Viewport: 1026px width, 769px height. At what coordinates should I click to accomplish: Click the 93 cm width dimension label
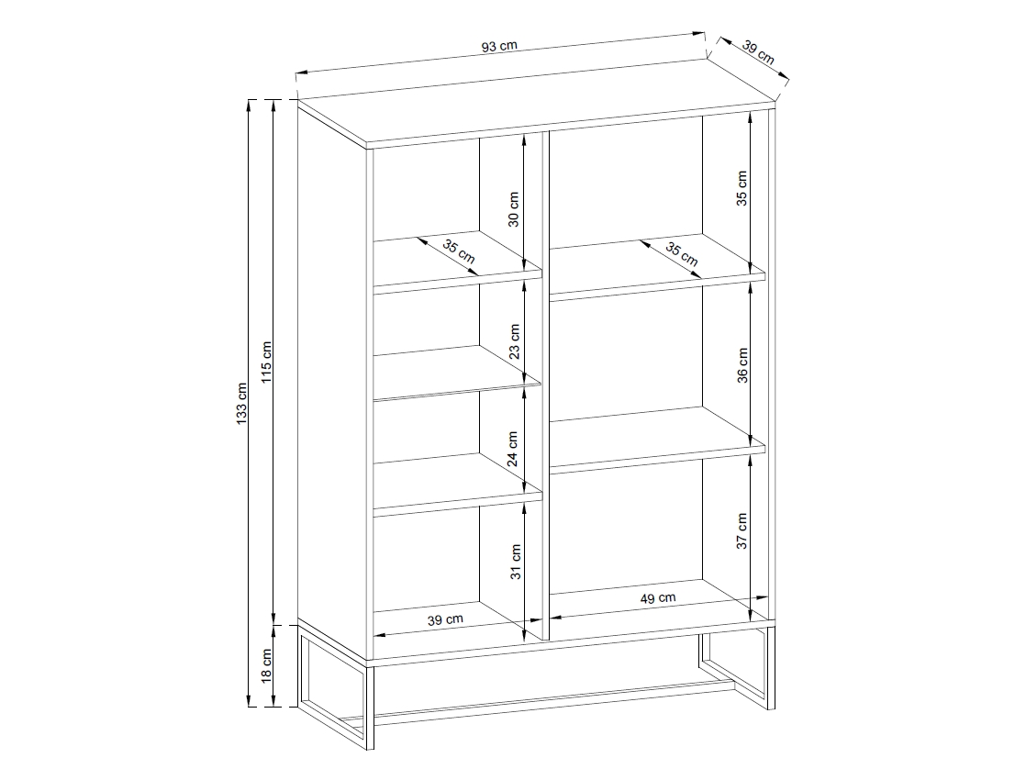499,47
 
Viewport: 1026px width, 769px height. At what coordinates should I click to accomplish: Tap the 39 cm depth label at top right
758,53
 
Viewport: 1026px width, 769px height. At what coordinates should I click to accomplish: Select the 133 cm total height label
242,404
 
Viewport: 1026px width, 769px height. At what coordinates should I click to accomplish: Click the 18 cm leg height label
266,667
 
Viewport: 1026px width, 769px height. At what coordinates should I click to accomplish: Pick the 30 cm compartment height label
514,209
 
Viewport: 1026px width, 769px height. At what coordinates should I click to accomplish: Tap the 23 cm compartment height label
514,341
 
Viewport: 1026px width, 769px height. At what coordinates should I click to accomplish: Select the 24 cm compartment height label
513,449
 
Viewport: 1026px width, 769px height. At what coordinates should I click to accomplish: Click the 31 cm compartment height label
516,563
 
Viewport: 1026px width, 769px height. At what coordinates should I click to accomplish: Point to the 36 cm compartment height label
742,366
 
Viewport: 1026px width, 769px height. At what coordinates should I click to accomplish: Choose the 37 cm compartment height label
742,530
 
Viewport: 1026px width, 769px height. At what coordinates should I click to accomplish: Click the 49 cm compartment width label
658,598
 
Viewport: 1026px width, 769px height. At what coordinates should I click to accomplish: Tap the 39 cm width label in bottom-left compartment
445,619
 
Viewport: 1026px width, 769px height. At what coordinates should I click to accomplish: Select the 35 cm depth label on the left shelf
459,252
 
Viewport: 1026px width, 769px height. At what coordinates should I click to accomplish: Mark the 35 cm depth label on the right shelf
682,254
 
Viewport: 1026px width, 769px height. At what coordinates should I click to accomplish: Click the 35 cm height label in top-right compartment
742,188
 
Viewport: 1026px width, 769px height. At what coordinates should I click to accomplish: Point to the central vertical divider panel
545,386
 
